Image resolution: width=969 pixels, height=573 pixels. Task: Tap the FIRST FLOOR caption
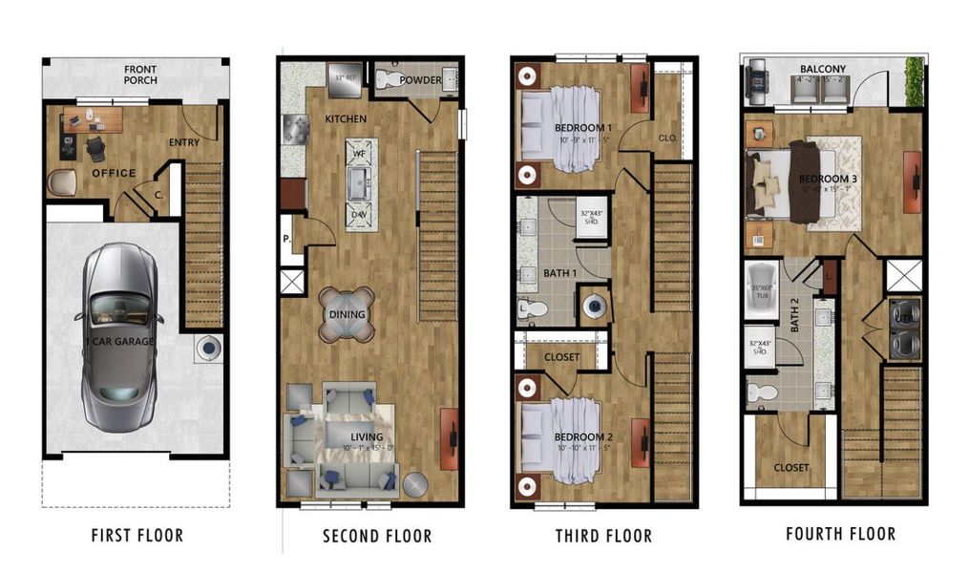pyautogui.click(x=137, y=535)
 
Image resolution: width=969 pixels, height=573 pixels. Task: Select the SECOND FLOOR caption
pyautogui.click(x=377, y=536)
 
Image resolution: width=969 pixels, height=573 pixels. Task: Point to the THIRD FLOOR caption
pyautogui.click(x=604, y=536)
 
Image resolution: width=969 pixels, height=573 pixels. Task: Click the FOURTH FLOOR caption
pyautogui.click(x=840, y=533)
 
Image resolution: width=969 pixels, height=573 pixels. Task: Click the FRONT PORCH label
pyautogui.click(x=140, y=74)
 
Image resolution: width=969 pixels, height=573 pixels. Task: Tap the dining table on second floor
pyautogui.click(x=347, y=313)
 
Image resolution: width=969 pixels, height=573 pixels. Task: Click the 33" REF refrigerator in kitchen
pyautogui.click(x=345, y=80)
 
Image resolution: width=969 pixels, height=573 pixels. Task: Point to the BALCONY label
pyautogui.click(x=822, y=70)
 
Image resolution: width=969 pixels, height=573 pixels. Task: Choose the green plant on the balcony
pyautogui.click(x=915, y=81)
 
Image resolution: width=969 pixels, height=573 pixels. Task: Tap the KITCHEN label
pyautogui.click(x=345, y=119)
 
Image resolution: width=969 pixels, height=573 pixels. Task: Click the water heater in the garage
pyautogui.click(x=208, y=349)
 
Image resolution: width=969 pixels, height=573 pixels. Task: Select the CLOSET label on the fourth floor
pyautogui.click(x=790, y=467)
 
